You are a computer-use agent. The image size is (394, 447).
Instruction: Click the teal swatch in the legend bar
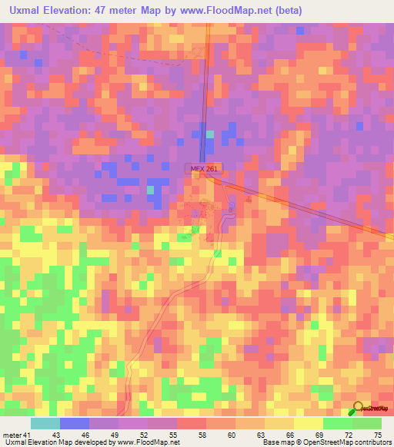(x=45, y=423)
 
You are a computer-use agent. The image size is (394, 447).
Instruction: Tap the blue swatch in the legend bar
(x=75, y=423)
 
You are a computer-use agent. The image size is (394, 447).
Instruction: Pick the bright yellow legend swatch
(x=309, y=423)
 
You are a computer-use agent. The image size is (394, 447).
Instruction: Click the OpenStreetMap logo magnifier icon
(x=359, y=408)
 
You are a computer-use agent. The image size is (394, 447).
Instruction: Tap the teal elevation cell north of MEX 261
(x=209, y=134)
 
